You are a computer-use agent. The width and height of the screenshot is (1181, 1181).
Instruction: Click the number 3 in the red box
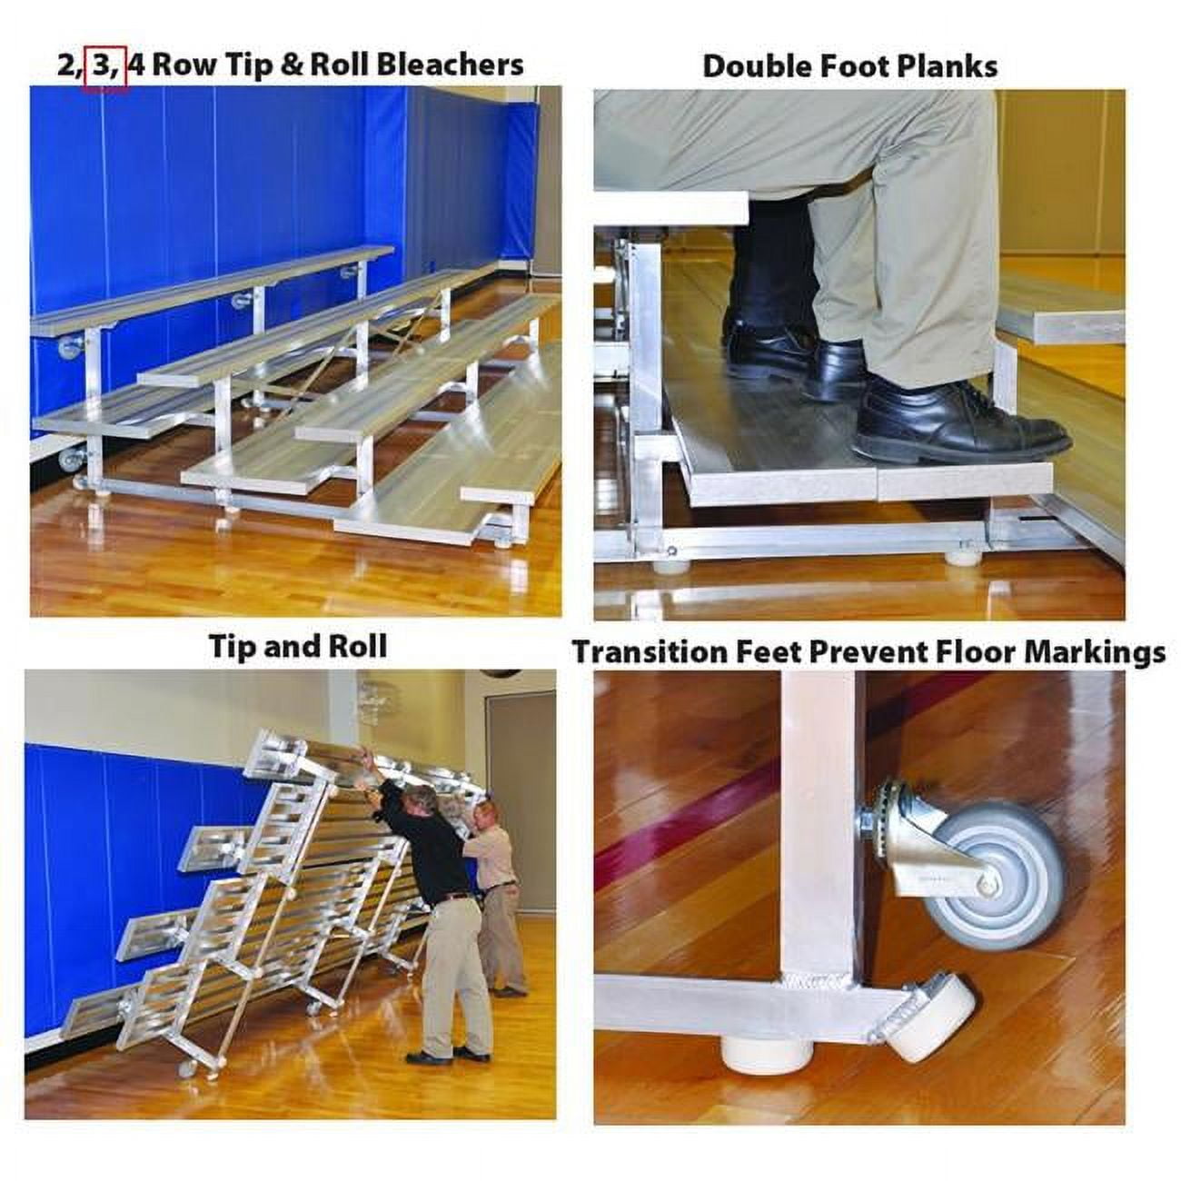pos(104,65)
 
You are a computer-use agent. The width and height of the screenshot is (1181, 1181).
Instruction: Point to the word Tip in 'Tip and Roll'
pos(232,646)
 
